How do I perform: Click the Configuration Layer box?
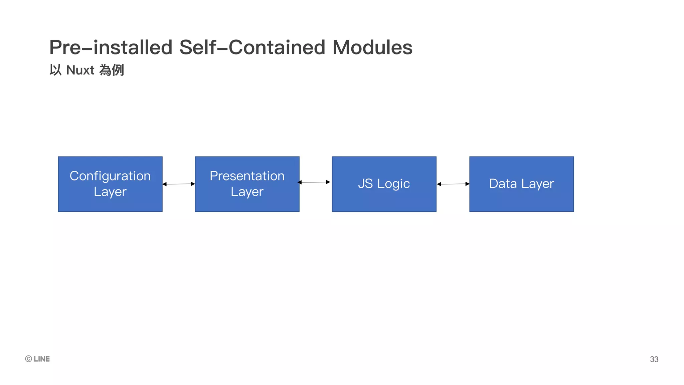coord(110,184)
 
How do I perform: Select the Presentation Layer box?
coord(247,184)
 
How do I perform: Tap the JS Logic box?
coord(384,184)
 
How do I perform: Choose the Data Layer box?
coord(522,184)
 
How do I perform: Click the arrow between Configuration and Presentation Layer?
coord(179,184)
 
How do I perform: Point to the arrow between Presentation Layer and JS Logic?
coord(314,182)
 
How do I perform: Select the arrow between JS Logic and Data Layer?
coord(453,184)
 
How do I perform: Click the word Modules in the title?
coord(372,47)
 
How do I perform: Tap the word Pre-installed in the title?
coord(111,47)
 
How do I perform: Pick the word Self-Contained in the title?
coord(252,47)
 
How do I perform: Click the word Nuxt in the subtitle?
coord(80,70)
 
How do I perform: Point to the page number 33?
coord(654,359)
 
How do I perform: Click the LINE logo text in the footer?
coord(42,359)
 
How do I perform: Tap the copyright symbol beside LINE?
coord(28,359)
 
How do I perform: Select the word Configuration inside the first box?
coord(110,176)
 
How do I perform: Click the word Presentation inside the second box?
coord(247,176)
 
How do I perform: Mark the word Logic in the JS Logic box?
coord(393,184)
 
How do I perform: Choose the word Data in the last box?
coord(503,183)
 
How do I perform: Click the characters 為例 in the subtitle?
coord(112,70)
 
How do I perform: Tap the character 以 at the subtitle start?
coord(55,70)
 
